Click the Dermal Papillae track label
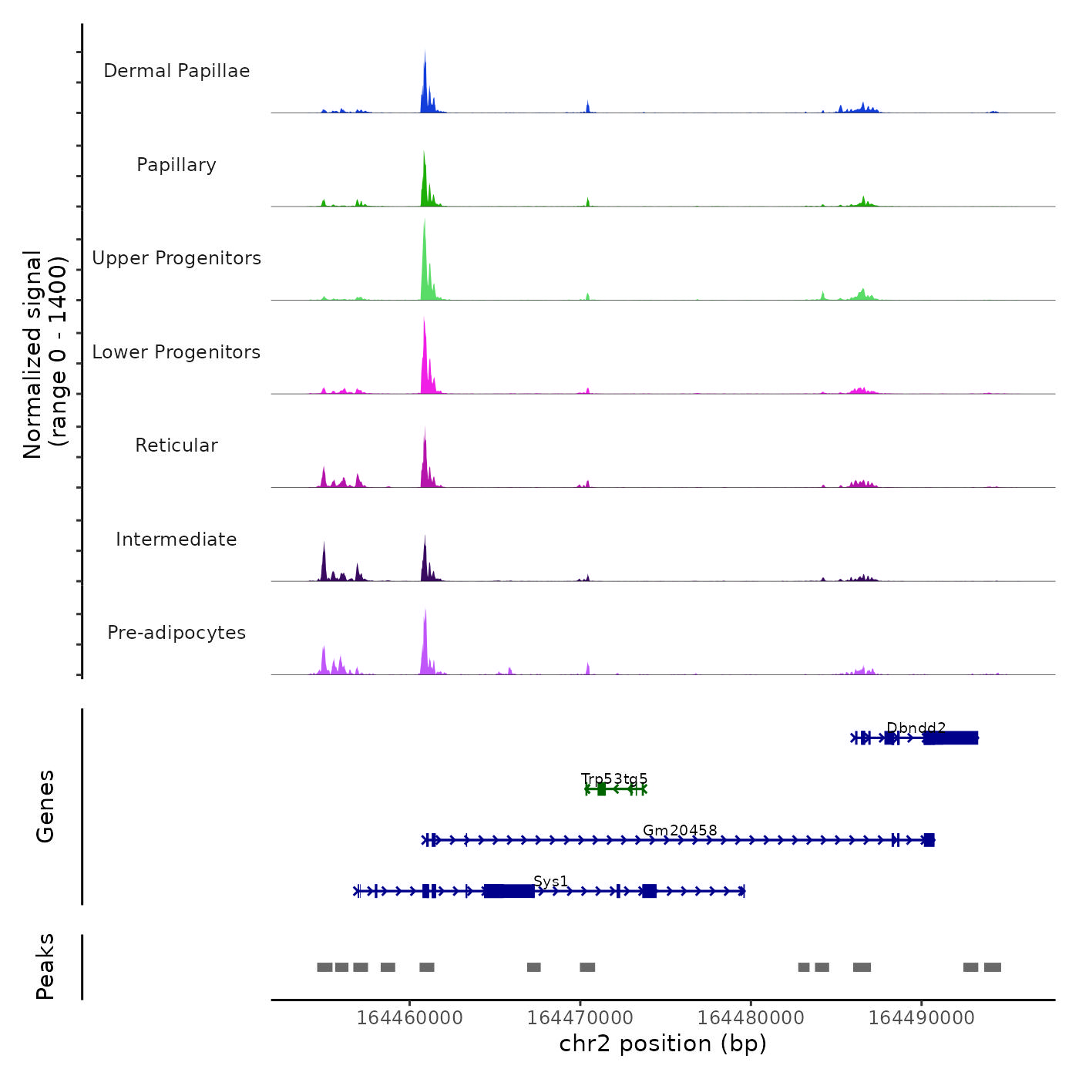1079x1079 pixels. pos(176,71)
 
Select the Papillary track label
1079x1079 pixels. pos(176,165)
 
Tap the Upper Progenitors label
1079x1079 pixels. pos(176,258)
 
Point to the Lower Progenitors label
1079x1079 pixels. pos(176,352)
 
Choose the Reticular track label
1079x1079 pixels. pos(176,445)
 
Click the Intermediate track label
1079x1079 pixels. pos(176,539)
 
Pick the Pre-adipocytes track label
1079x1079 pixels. pos(176,633)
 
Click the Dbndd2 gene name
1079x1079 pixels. pos(916,728)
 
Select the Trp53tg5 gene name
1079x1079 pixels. pos(614,779)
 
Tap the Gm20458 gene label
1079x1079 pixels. pos(680,830)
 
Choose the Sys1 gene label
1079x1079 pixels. pos(550,882)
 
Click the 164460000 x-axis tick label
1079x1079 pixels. pos(410,1017)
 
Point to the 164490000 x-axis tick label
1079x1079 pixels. pos(921,1017)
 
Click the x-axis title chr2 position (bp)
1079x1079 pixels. pos(663,1044)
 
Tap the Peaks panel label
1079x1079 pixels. pos(45,966)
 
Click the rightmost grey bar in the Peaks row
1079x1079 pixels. pos(993,967)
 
